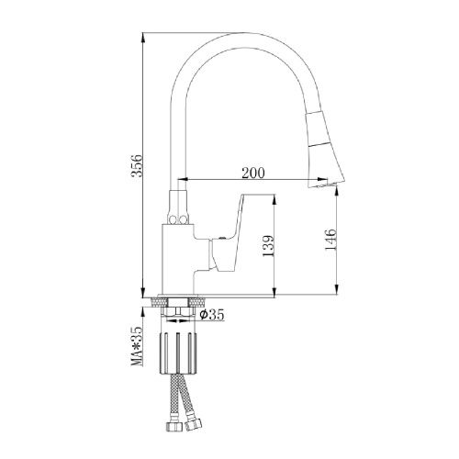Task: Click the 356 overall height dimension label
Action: coord(137,165)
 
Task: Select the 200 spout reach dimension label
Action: coord(253,173)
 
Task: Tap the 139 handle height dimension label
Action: coord(267,246)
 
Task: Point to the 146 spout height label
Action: coord(330,240)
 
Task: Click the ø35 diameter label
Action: coord(212,315)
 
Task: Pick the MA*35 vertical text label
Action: coord(137,346)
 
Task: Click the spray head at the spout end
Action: coord(325,150)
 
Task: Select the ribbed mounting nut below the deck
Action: coord(178,353)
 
